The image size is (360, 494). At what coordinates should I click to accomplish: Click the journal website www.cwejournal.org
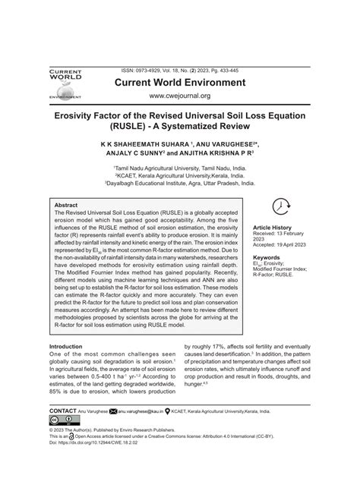click(178, 96)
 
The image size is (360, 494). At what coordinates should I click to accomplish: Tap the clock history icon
click(281, 206)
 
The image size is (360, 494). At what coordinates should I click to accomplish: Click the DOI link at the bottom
click(95, 442)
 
